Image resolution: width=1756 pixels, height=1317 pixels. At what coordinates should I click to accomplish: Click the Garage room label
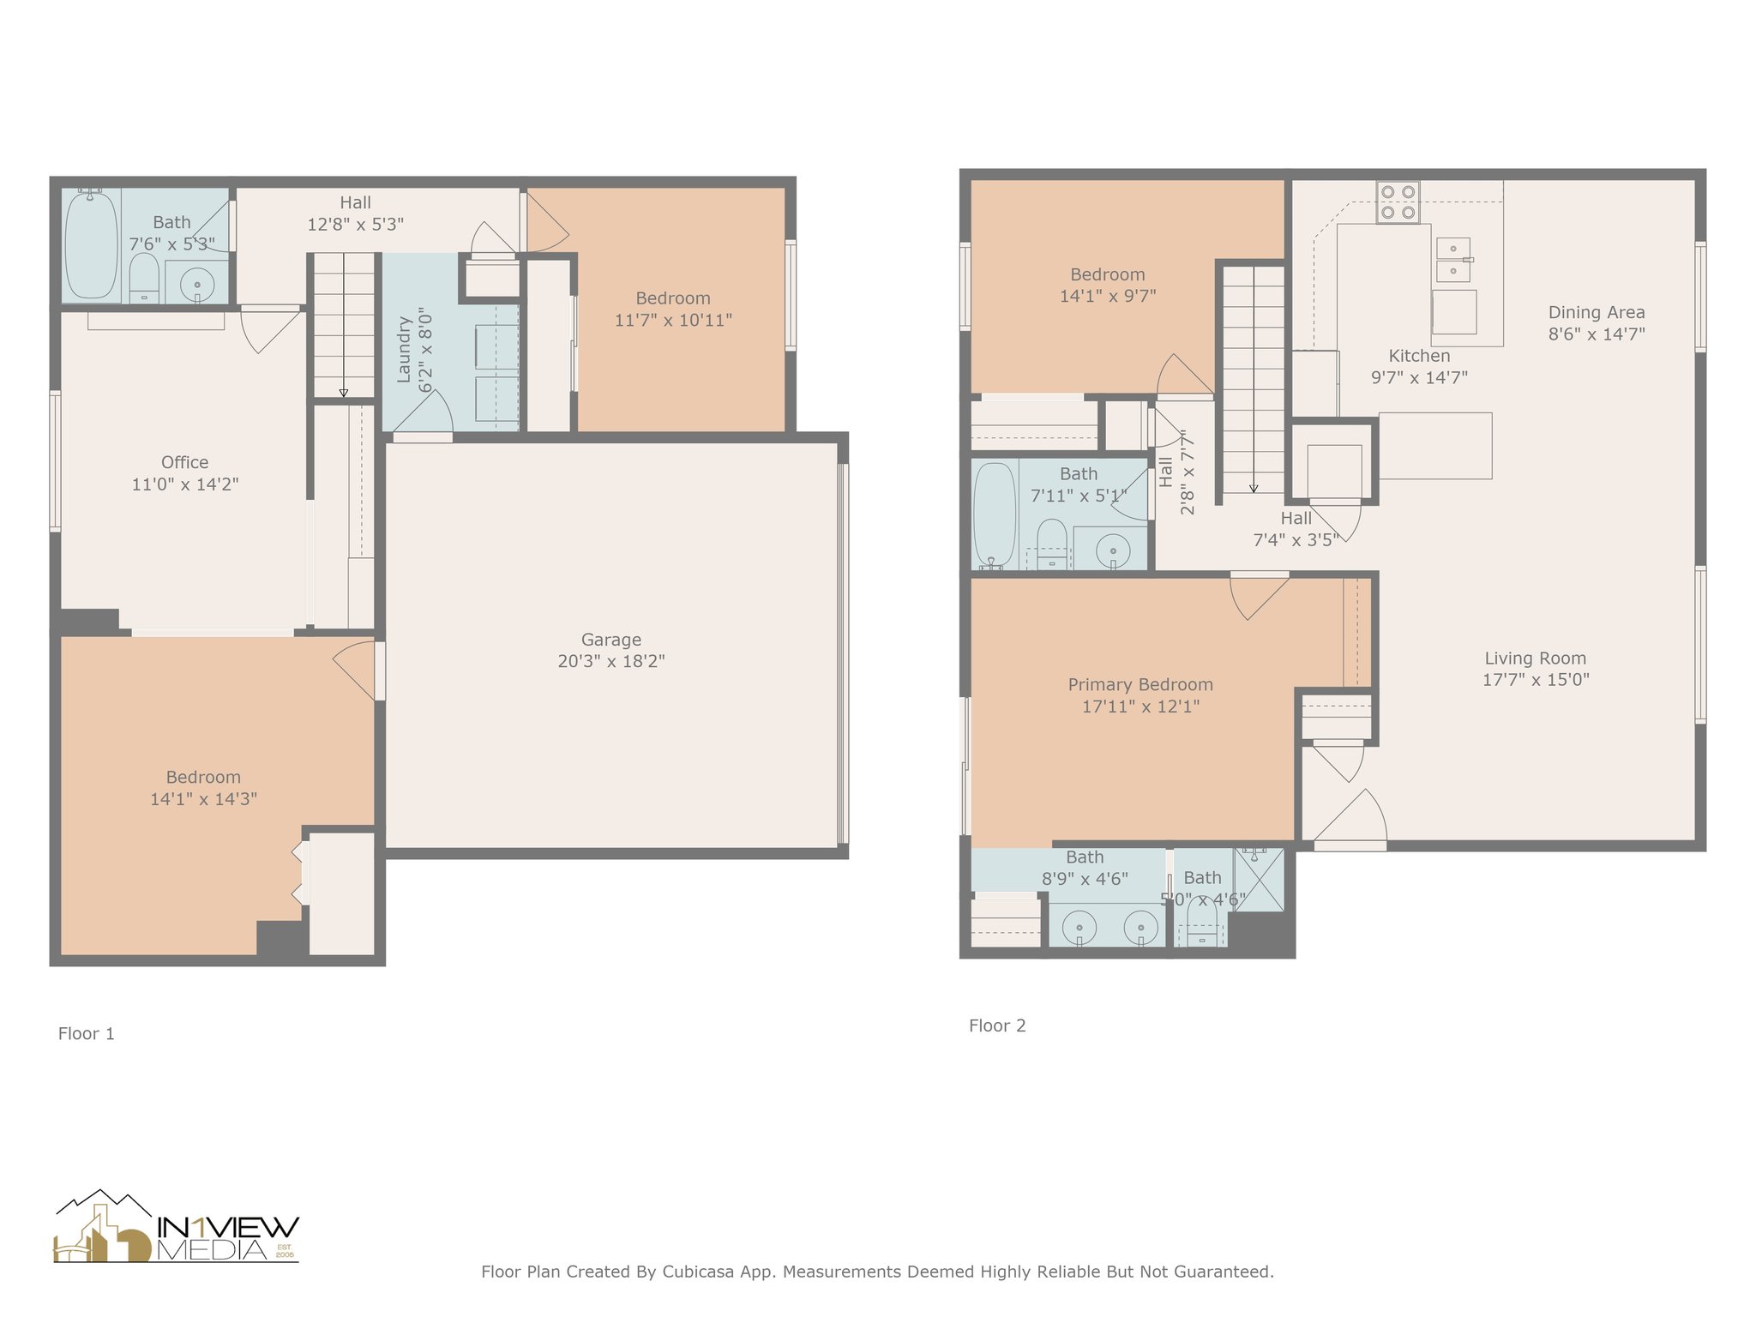tap(610, 640)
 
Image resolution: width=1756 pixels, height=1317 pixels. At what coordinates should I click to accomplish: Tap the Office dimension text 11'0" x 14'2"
tap(184, 484)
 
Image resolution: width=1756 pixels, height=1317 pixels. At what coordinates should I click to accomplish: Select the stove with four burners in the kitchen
tap(1397, 202)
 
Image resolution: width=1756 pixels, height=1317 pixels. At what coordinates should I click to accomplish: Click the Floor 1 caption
tap(86, 1034)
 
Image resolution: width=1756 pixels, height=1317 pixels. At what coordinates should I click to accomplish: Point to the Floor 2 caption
tap(997, 1026)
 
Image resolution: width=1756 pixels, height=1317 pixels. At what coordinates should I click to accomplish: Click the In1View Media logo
tap(176, 1227)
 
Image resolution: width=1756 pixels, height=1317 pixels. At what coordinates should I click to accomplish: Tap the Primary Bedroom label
tap(1140, 685)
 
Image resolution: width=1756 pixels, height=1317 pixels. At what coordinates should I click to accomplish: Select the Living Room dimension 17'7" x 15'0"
tap(1536, 680)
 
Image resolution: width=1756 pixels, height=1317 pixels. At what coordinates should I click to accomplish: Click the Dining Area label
tap(1597, 313)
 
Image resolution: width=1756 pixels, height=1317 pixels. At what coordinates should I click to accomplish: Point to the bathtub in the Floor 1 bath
tap(91, 244)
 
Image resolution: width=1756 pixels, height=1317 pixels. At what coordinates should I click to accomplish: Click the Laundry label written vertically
tap(404, 349)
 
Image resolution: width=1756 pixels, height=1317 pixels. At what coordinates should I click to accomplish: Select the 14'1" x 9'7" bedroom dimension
tap(1108, 297)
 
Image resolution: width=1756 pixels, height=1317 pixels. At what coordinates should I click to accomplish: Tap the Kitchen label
tap(1419, 356)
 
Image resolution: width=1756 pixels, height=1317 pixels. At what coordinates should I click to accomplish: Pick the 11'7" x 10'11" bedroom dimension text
tap(673, 321)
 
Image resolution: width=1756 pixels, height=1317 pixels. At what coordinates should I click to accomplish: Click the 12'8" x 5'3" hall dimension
tap(355, 225)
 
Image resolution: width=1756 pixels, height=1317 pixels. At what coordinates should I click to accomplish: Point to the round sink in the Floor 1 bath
tap(197, 284)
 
